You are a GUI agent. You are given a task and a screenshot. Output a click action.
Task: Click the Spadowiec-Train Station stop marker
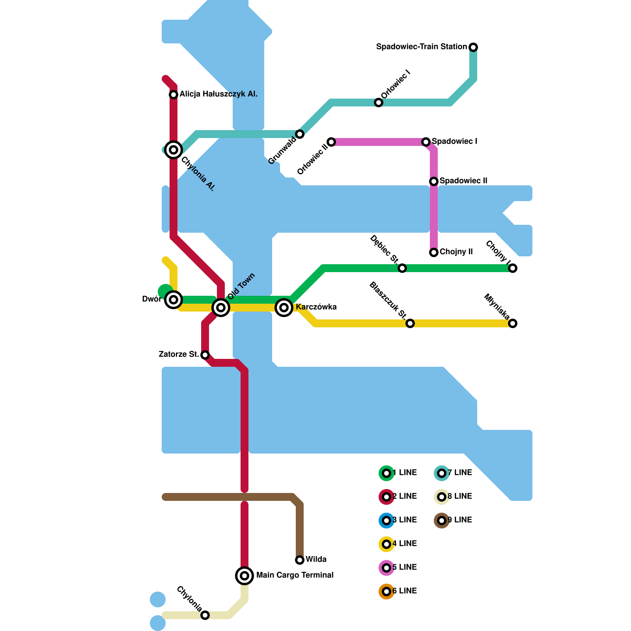coord(473,47)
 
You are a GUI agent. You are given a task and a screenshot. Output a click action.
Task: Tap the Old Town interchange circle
coord(221,307)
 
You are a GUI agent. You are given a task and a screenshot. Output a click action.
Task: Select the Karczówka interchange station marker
coord(284,307)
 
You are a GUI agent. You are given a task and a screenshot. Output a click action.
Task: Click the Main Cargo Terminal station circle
coord(245,576)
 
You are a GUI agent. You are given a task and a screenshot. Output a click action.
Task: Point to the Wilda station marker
coord(300,560)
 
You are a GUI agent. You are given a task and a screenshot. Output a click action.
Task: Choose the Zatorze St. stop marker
coord(205,355)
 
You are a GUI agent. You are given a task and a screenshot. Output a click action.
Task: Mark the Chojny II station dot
coord(434,252)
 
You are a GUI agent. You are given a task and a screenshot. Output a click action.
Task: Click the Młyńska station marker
coord(513,323)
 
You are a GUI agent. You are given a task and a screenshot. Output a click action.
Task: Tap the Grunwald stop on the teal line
coord(300,134)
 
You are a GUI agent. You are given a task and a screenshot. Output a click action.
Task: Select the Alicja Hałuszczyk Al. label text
coord(218,94)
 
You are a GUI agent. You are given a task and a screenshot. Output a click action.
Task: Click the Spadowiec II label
coord(463,181)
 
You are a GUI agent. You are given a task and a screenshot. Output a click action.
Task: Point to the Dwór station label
coord(151,299)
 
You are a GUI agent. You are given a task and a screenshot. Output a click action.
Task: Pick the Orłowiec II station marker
coord(331,142)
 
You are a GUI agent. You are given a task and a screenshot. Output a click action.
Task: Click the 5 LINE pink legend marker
coord(386,568)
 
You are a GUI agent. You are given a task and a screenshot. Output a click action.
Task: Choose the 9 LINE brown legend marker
coord(442,521)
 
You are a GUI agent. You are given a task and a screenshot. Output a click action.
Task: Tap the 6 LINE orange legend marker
coord(386,592)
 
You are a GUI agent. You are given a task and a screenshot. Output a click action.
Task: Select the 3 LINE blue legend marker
coord(386,521)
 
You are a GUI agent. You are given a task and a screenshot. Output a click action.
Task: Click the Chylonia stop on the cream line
coord(205,615)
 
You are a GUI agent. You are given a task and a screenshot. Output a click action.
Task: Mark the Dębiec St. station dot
coord(402,268)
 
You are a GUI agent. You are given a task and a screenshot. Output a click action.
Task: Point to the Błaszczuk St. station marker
coord(410,323)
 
